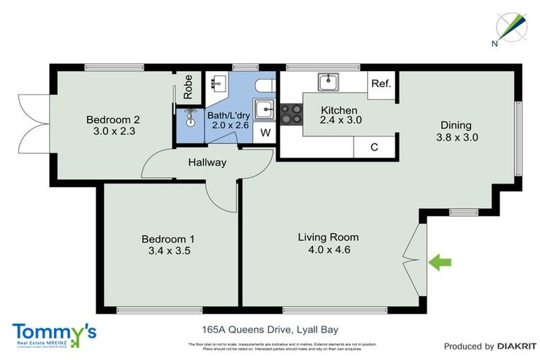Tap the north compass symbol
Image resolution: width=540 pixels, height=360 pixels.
(x=508, y=27)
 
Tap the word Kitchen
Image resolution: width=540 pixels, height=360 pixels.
(x=339, y=110)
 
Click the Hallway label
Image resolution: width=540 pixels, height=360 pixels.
(x=207, y=162)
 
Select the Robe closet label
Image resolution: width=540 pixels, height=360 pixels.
(x=188, y=86)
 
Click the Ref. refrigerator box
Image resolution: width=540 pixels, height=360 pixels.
(x=381, y=84)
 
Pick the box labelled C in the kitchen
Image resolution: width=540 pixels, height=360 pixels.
(x=374, y=148)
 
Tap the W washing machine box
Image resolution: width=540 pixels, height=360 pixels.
(x=265, y=132)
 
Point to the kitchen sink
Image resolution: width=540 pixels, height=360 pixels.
(x=328, y=82)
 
